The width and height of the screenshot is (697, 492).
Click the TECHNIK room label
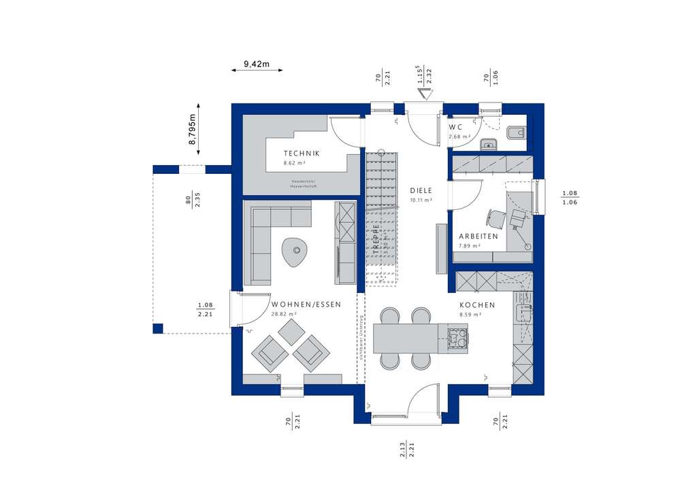(302, 154)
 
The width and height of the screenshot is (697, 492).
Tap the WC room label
(456, 127)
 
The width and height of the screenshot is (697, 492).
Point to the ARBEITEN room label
(478, 236)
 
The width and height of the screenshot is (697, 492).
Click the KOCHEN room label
(477, 306)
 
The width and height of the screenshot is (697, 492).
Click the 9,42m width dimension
(257, 65)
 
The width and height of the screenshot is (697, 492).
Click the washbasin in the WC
(488, 143)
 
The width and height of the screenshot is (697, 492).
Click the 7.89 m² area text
(470, 246)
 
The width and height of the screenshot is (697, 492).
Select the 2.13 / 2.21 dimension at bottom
(407, 451)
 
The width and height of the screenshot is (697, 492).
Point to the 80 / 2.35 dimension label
(193, 201)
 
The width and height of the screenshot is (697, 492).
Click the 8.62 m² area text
(294, 164)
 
